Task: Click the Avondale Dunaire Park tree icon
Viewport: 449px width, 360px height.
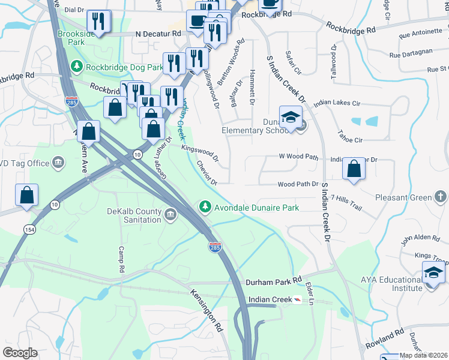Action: [205, 208]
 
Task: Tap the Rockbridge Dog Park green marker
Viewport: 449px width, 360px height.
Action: [76, 65]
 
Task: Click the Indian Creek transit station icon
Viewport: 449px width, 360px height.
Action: [298, 299]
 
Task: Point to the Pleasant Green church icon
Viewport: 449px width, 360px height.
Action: [440, 197]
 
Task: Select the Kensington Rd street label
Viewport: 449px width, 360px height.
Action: [207, 311]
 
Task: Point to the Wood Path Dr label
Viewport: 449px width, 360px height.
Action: [297, 185]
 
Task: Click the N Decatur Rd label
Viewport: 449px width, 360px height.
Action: [158, 34]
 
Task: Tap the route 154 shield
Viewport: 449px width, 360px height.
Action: [28, 229]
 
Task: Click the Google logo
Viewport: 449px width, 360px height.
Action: [20, 353]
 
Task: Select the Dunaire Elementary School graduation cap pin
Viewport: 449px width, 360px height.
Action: [291, 117]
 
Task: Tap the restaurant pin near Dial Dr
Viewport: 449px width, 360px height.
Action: [98, 22]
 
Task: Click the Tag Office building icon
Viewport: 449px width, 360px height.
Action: [58, 161]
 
